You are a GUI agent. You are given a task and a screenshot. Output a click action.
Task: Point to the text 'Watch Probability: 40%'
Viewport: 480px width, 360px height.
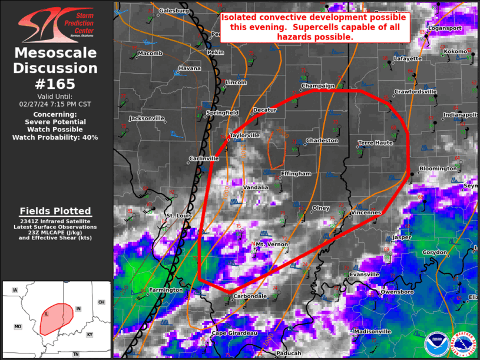coord(56,137)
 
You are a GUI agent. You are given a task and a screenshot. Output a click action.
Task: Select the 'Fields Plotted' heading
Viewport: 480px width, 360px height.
coord(55,211)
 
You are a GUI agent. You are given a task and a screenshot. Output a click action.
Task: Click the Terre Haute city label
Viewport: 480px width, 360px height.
coord(375,143)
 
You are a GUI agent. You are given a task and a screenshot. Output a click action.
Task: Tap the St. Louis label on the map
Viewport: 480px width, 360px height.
coord(176,216)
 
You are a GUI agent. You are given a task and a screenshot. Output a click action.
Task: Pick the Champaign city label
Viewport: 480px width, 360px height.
coord(317,86)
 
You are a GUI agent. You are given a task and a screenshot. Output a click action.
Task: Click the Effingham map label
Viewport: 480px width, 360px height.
coord(296,174)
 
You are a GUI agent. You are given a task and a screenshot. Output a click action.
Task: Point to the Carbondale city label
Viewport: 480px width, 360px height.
coord(250,296)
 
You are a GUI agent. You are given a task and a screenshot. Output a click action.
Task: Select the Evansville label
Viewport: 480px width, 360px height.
coord(364,275)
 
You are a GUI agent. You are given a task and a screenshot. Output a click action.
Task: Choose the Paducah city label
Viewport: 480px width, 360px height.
coord(288,354)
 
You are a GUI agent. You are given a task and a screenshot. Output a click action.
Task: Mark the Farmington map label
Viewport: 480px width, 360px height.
coord(165,290)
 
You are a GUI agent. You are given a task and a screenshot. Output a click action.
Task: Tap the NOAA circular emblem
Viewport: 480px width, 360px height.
coord(436,344)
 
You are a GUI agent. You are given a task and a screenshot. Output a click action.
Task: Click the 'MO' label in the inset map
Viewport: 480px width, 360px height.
coord(18,326)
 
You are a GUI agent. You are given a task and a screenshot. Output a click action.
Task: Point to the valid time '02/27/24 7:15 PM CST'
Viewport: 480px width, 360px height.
coord(56,103)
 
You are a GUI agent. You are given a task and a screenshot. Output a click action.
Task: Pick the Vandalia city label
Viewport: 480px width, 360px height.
coord(256,187)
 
